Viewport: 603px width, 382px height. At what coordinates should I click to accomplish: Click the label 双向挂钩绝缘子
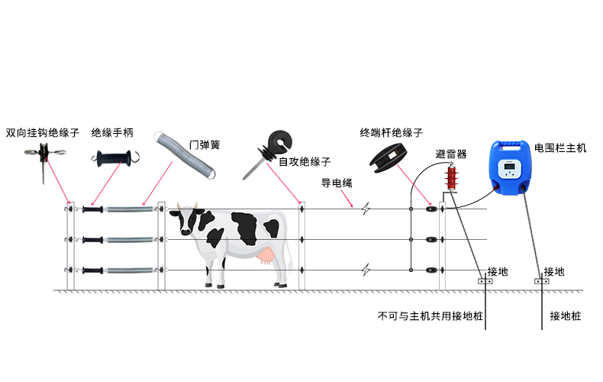(x=42, y=133)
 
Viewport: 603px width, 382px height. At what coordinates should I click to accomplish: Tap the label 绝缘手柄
(x=112, y=133)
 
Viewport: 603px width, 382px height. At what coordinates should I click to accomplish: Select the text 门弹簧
(x=205, y=145)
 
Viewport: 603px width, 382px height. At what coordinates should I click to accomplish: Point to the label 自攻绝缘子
(x=305, y=162)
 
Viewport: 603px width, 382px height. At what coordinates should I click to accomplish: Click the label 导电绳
(x=337, y=183)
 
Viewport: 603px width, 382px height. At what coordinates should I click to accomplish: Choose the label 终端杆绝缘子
(x=391, y=133)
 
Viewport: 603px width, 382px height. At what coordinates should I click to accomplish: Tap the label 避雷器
(x=451, y=154)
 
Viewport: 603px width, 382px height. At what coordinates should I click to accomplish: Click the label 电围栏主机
(x=560, y=148)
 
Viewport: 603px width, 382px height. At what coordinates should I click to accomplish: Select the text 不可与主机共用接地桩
(x=430, y=316)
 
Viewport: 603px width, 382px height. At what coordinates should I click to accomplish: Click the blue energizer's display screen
(x=509, y=167)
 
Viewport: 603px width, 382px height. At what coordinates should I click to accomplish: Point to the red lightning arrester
(x=451, y=177)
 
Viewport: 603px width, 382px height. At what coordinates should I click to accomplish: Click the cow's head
(x=187, y=219)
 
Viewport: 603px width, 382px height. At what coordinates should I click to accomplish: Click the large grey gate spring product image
(x=184, y=155)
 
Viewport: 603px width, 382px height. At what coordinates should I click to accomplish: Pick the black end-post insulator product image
(x=389, y=157)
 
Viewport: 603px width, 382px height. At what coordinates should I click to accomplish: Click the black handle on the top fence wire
(x=92, y=209)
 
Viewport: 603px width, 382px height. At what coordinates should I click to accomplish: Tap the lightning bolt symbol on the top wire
(x=366, y=209)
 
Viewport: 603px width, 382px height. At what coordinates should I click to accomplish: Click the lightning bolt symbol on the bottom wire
(x=366, y=270)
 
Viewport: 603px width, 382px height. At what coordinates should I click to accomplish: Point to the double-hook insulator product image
(x=44, y=157)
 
